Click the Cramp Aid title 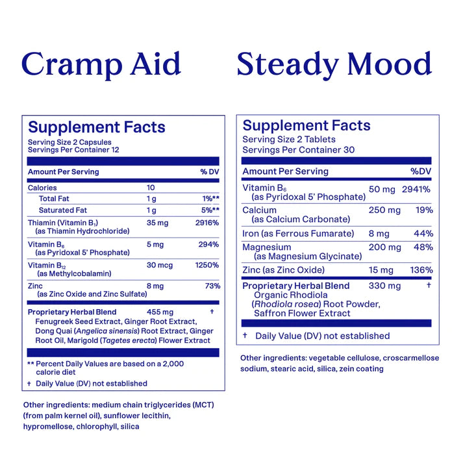[101, 65]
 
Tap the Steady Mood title [334, 65]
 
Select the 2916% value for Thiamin [207, 223]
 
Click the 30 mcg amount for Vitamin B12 [160, 265]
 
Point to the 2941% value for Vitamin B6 [416, 189]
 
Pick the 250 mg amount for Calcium [384, 210]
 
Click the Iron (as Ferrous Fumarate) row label [298, 234]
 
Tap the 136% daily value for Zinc [421, 270]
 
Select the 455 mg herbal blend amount [160, 312]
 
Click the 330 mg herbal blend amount [384, 286]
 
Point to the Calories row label [42, 188]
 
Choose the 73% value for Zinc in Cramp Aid [212, 286]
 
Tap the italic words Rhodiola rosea [287, 304]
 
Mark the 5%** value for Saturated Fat [210, 210]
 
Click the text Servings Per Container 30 [299, 150]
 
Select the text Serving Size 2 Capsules [69, 142]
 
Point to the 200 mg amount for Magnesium [384, 247]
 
